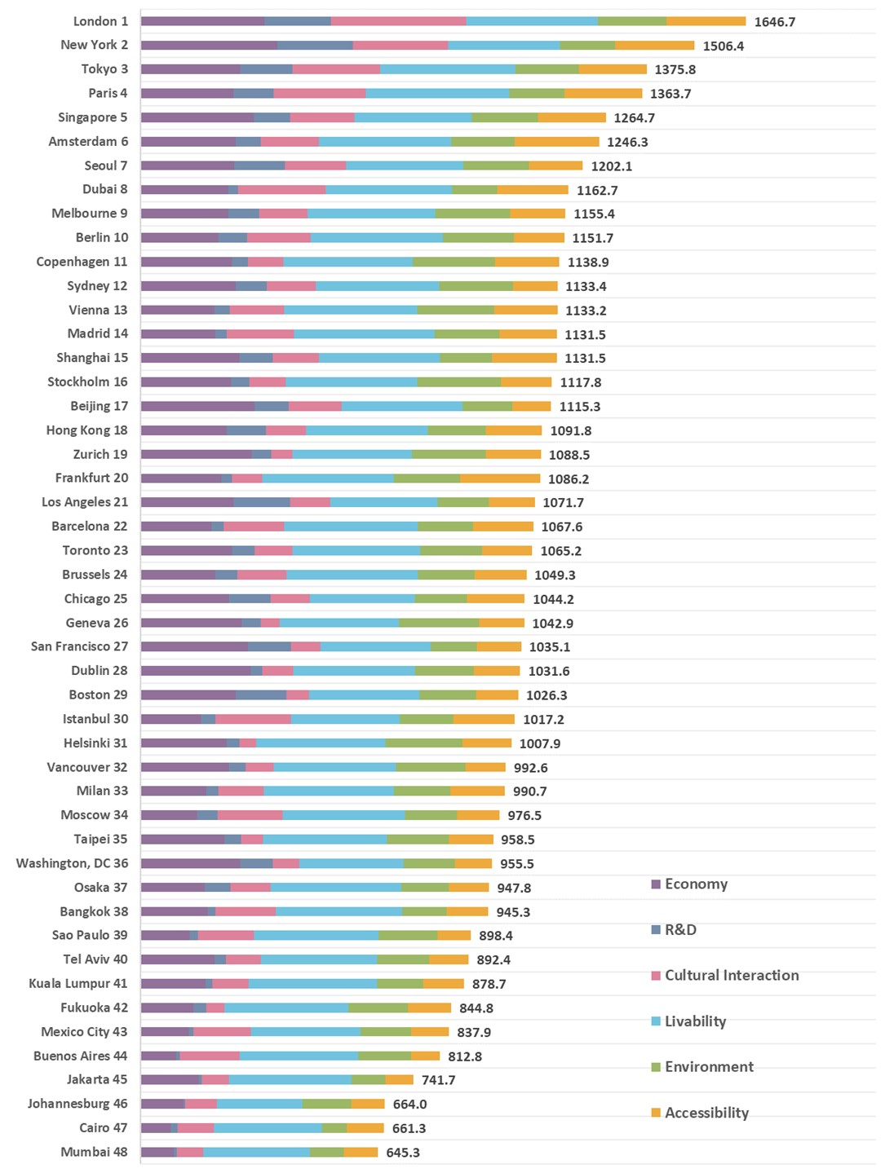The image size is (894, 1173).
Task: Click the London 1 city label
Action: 100,21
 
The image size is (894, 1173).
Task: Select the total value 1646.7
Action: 774,22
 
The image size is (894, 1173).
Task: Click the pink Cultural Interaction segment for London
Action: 398,21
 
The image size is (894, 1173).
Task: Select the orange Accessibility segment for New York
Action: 654,46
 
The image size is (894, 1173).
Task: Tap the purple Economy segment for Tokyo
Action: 190,69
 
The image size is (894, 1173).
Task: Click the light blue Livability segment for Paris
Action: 437,93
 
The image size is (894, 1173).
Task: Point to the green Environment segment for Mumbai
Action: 326,1152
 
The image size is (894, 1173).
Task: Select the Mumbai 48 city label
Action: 94,1152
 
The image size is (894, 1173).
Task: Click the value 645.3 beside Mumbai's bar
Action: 403,1153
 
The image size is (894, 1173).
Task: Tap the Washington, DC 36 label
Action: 72,863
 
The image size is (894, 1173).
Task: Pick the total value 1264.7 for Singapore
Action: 634,118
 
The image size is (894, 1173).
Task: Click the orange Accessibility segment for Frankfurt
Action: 500,478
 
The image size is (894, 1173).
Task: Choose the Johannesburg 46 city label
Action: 77,1104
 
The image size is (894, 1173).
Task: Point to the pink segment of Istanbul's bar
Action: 253,719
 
